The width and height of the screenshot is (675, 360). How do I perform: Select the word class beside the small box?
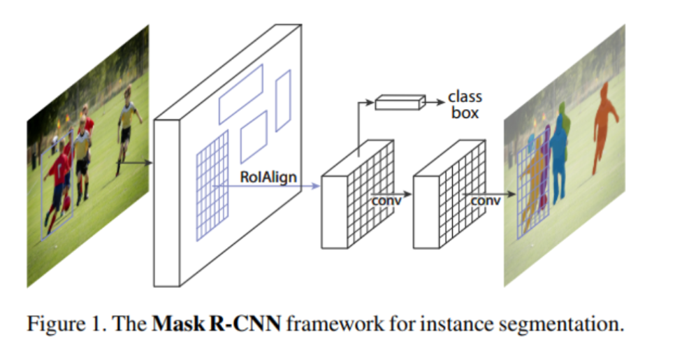[465, 96]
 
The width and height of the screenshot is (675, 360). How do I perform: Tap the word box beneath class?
[465, 113]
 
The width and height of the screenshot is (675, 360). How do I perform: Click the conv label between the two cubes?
[385, 201]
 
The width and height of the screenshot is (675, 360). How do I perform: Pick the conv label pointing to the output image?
[486, 201]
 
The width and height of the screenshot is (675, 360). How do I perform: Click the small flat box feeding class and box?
[400, 103]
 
